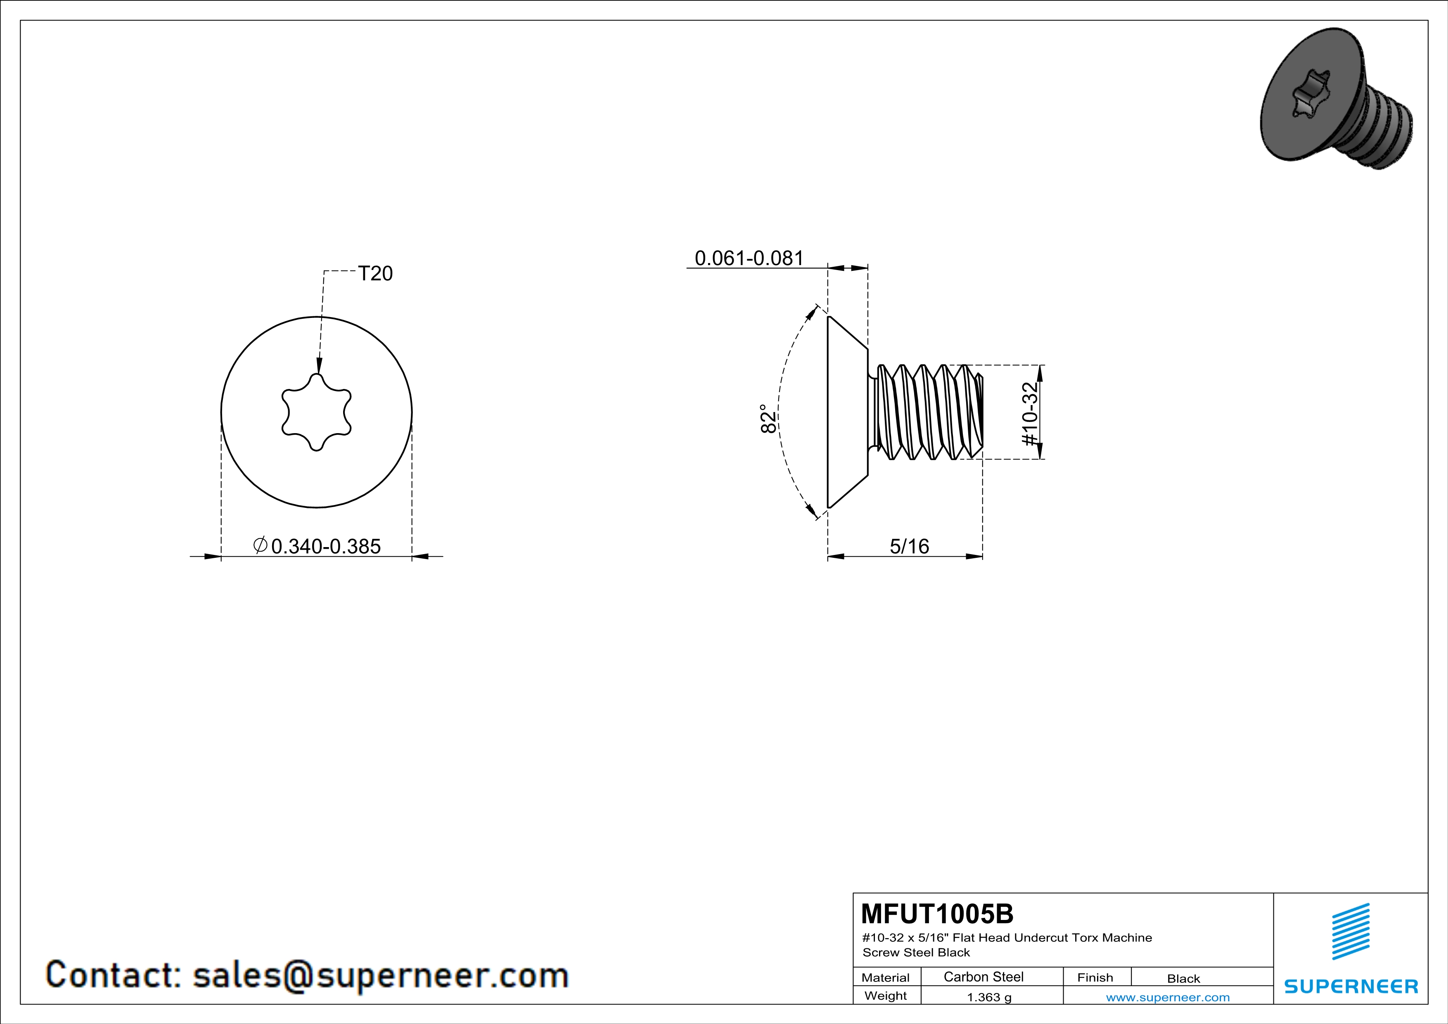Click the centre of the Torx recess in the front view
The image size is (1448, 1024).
point(316,412)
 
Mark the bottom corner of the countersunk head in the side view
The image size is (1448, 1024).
point(829,507)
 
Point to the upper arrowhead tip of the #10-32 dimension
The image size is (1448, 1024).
point(1040,366)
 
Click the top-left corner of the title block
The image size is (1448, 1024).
point(853,893)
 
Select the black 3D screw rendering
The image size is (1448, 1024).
point(1336,99)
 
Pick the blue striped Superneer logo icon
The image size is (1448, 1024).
point(1351,932)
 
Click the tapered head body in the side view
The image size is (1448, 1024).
point(848,412)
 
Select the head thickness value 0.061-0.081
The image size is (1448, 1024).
point(749,258)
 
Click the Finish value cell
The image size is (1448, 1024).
point(1184,979)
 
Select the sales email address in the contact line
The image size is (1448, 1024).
point(380,975)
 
